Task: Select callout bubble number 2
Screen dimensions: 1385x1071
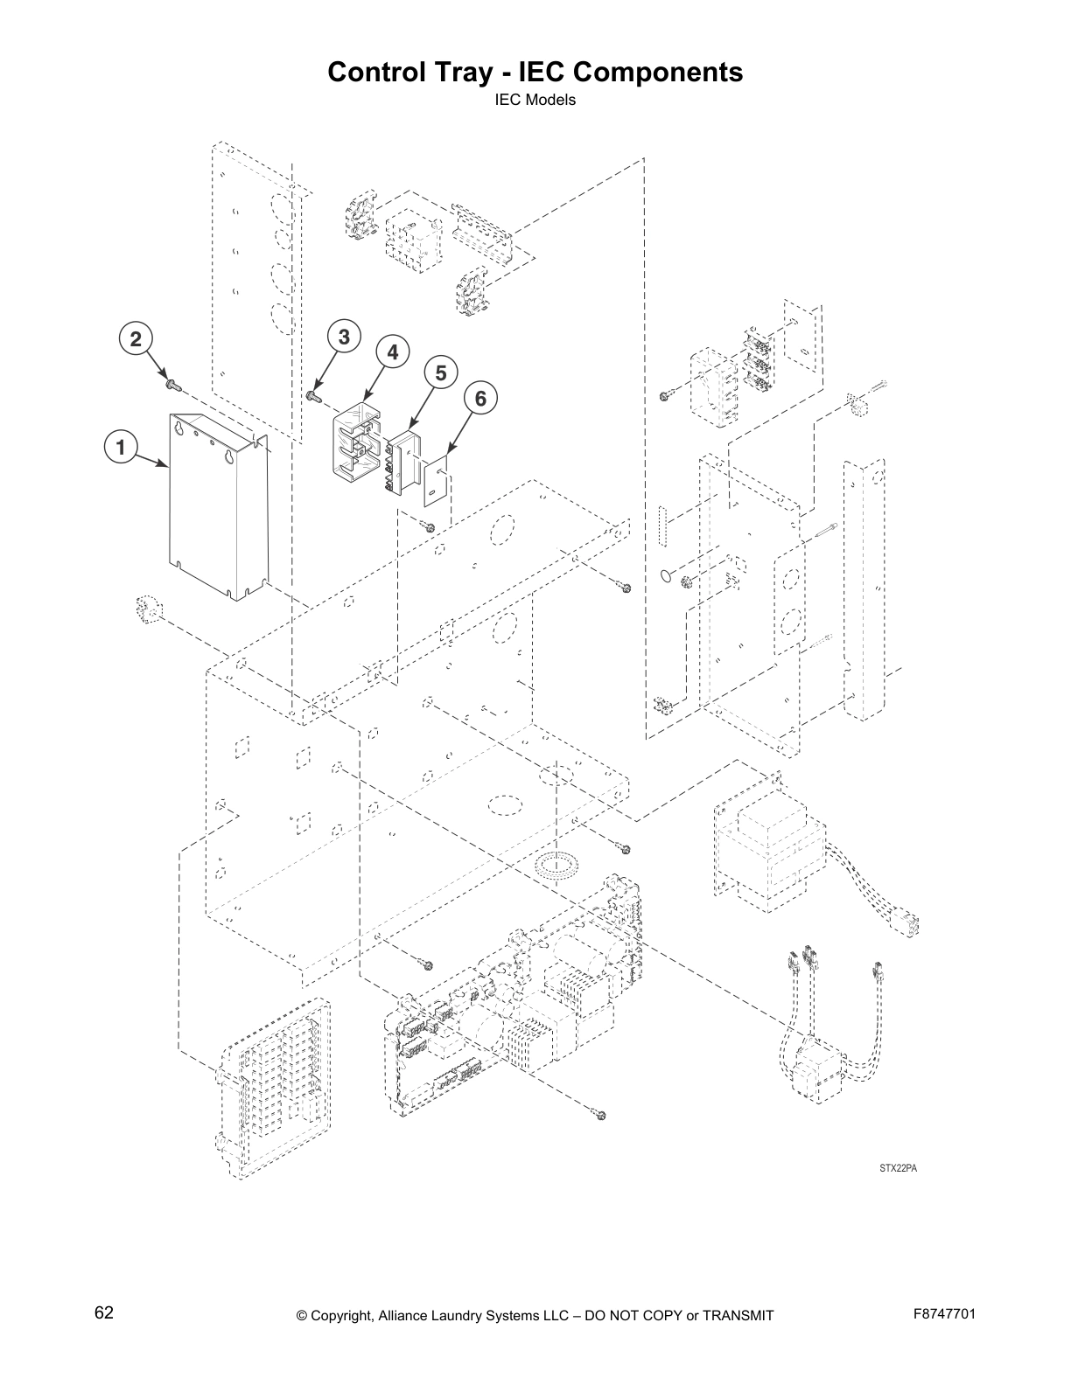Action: point(135,339)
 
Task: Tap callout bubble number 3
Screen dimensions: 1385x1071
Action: point(344,337)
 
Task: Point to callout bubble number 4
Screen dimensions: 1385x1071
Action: point(392,351)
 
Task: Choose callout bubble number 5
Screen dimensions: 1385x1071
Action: point(441,373)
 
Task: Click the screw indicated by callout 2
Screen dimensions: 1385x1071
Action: point(170,382)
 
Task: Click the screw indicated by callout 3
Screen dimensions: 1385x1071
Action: point(313,397)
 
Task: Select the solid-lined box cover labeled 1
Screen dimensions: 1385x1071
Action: point(210,516)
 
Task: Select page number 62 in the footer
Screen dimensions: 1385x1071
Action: point(103,1312)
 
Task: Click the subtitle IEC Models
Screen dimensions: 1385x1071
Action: point(535,100)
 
